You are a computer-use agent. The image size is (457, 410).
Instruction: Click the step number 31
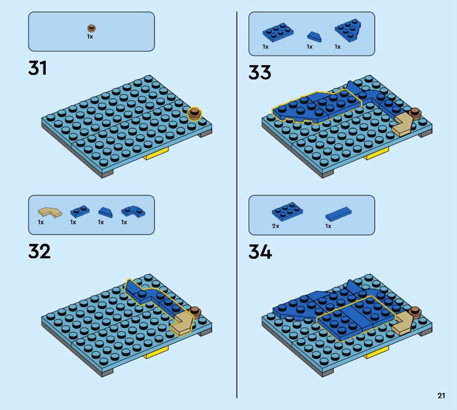click(x=37, y=68)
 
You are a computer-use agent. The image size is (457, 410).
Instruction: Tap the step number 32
click(x=39, y=251)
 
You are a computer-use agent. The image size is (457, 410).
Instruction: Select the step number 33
click(x=260, y=73)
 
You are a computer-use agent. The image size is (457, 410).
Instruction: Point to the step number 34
click(x=260, y=252)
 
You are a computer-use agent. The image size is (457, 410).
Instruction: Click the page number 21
click(x=441, y=395)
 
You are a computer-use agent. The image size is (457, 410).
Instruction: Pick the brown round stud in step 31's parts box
click(x=91, y=28)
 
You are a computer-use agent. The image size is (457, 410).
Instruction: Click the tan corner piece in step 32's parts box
click(x=50, y=212)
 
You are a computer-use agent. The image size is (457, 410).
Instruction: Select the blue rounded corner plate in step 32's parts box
click(x=134, y=211)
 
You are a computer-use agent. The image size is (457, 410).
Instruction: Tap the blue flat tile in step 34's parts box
click(x=338, y=214)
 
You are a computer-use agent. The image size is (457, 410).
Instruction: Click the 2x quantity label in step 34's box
click(x=275, y=226)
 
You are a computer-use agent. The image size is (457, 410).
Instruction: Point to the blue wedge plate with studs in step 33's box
click(x=348, y=30)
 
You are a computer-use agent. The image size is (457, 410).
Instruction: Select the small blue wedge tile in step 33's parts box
click(x=315, y=37)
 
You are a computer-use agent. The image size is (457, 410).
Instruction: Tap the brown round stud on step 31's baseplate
click(x=194, y=114)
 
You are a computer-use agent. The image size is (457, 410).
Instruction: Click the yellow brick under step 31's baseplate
click(x=157, y=154)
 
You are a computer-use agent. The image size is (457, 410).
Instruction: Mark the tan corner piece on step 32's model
click(x=182, y=324)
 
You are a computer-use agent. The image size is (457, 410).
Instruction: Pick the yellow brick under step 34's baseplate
click(x=377, y=353)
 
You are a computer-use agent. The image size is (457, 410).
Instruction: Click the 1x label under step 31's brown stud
click(x=90, y=37)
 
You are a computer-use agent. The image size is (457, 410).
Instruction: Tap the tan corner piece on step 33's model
click(x=403, y=124)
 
